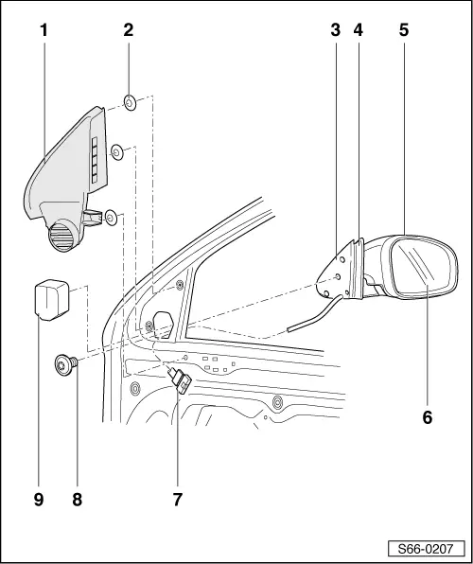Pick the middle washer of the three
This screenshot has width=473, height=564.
[x=117, y=150]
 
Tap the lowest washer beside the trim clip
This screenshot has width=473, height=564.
[x=111, y=218]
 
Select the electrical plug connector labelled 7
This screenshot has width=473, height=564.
[x=180, y=383]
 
